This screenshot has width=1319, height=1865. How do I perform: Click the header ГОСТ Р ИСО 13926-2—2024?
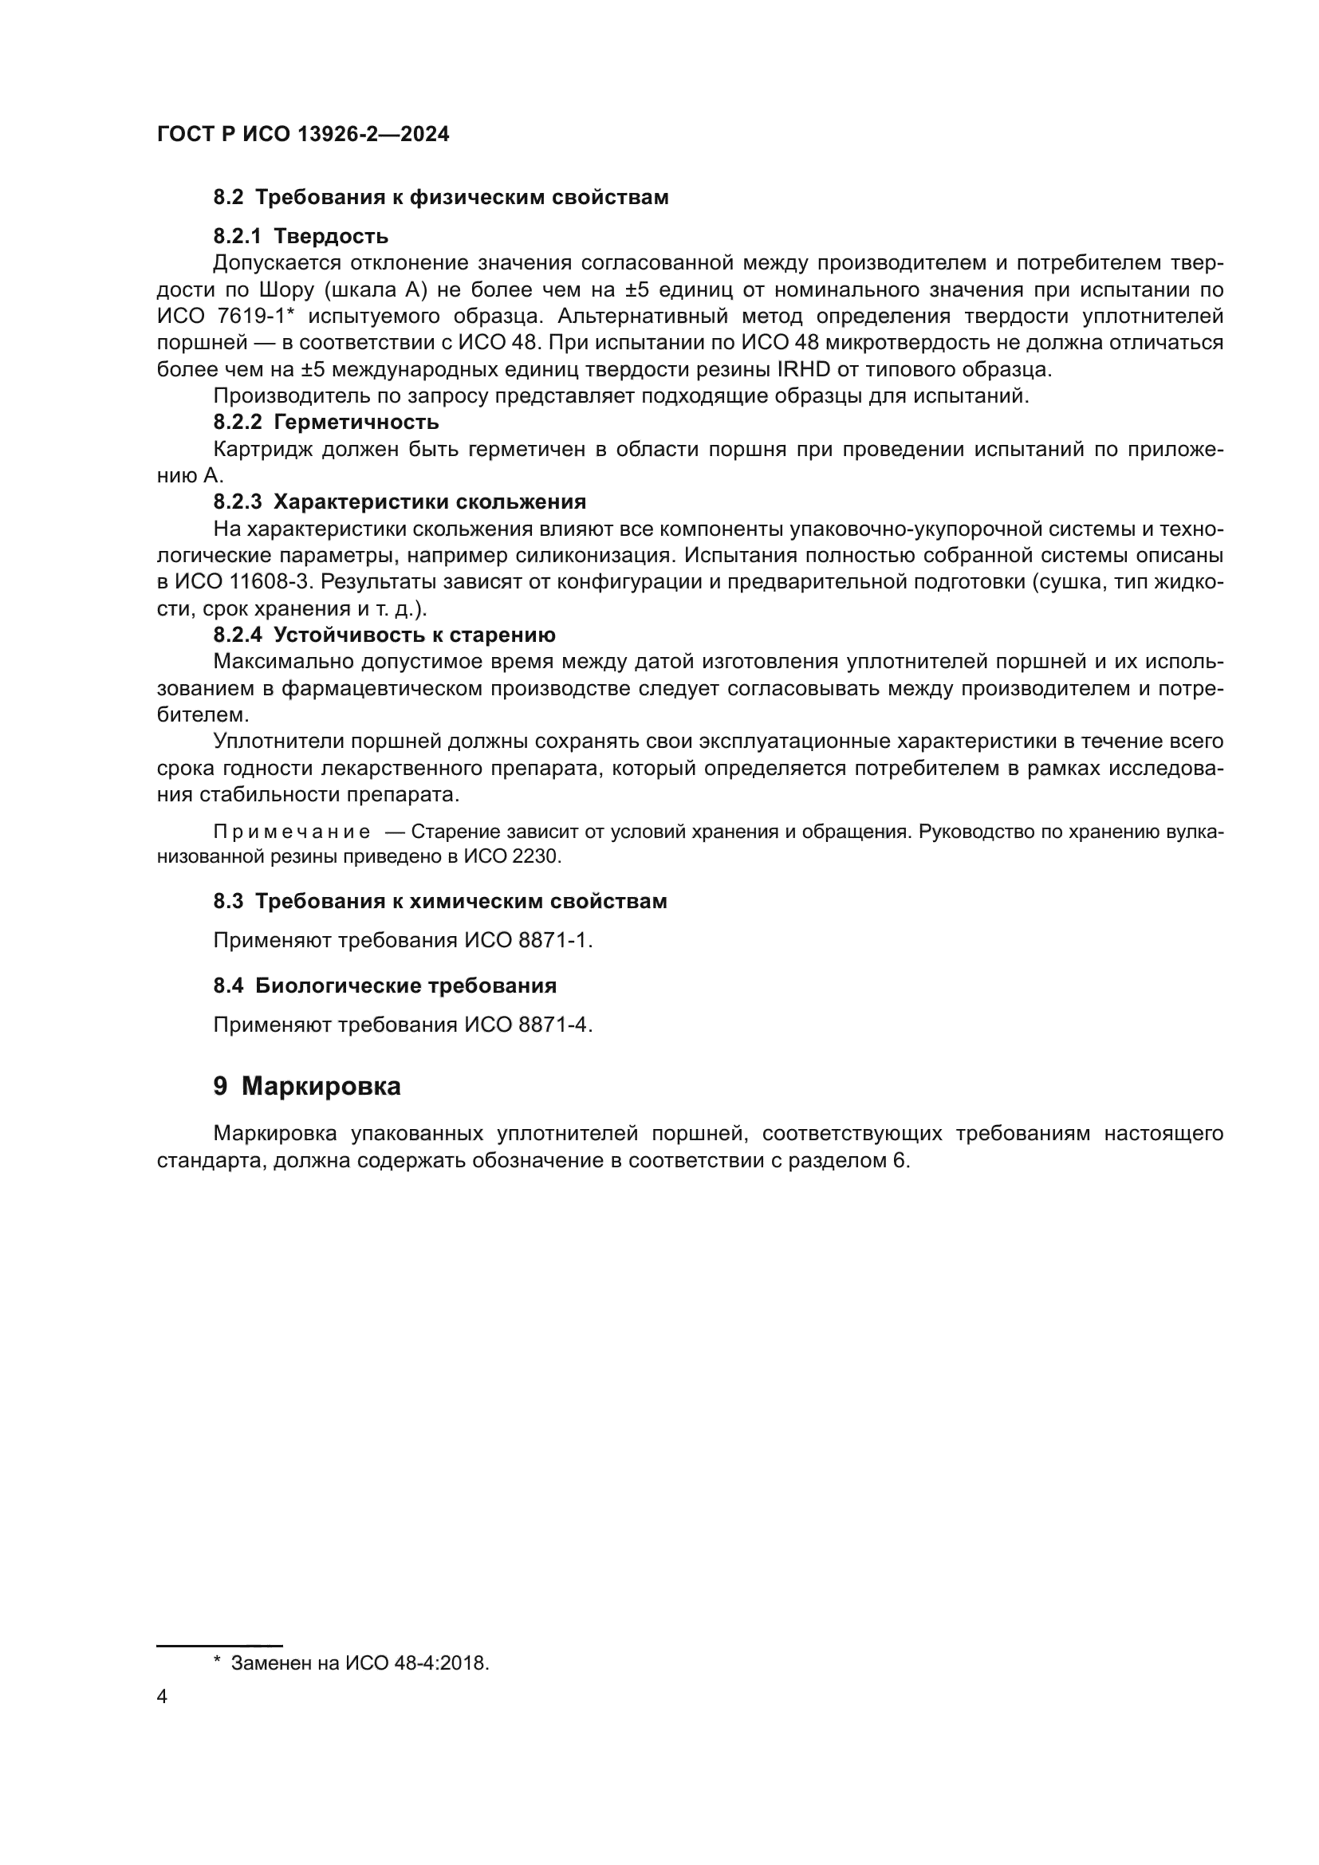coord(302,134)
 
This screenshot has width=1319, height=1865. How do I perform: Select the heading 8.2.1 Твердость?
coord(301,236)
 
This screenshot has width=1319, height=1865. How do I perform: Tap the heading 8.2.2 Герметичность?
coord(325,422)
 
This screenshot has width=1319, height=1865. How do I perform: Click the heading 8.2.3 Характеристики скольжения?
coord(400,502)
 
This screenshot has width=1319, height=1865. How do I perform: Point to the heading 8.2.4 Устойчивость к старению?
coord(384,635)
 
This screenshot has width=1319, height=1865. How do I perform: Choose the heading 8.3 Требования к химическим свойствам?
coord(440,901)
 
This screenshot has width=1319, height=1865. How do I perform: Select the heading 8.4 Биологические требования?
coord(385,986)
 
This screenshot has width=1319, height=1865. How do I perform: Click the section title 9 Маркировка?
coord(307,1086)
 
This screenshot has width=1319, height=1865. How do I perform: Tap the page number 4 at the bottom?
coord(162,1697)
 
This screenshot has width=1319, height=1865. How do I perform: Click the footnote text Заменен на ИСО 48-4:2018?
coord(360,1662)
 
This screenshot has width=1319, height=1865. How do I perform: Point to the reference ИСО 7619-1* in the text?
coord(225,316)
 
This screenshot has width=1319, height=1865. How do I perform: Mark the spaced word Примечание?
coord(292,832)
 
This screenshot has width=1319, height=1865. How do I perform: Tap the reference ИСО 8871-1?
coord(528,940)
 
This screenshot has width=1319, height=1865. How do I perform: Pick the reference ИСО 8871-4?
coord(528,1025)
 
